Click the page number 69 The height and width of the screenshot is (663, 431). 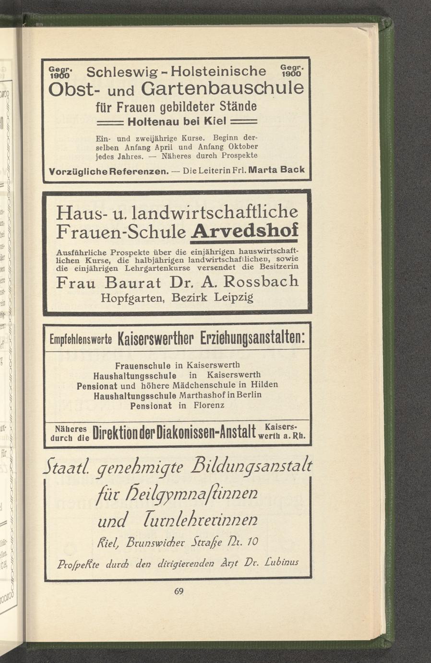click(x=179, y=591)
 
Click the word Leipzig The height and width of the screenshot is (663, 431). click(x=233, y=298)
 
